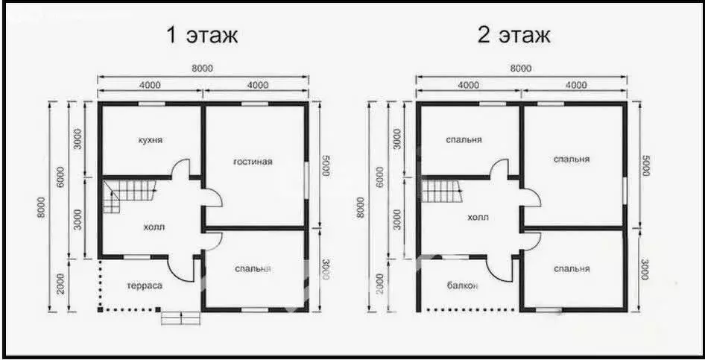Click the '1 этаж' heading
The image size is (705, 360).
point(203,35)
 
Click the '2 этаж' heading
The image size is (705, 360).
point(514,35)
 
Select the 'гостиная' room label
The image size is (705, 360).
point(253,161)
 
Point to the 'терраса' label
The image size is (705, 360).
point(145,285)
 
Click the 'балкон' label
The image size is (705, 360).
point(464,285)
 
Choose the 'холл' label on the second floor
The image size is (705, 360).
point(478,218)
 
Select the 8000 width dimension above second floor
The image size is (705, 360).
point(521,69)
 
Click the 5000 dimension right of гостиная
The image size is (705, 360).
point(325,165)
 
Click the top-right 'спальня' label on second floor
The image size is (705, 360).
point(572,159)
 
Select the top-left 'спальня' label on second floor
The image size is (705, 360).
point(464,139)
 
